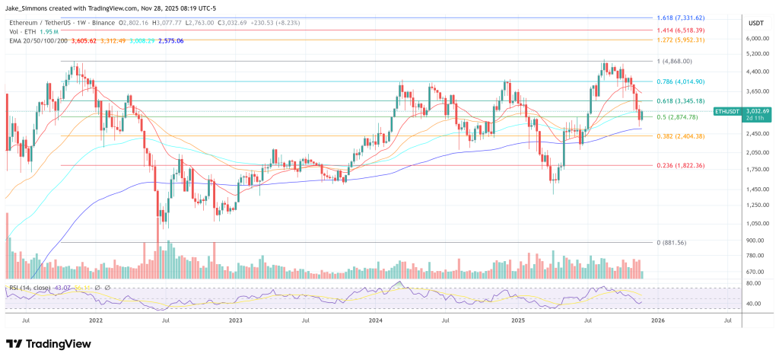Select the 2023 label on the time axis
(x=236, y=321)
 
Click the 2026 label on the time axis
(x=658, y=321)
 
